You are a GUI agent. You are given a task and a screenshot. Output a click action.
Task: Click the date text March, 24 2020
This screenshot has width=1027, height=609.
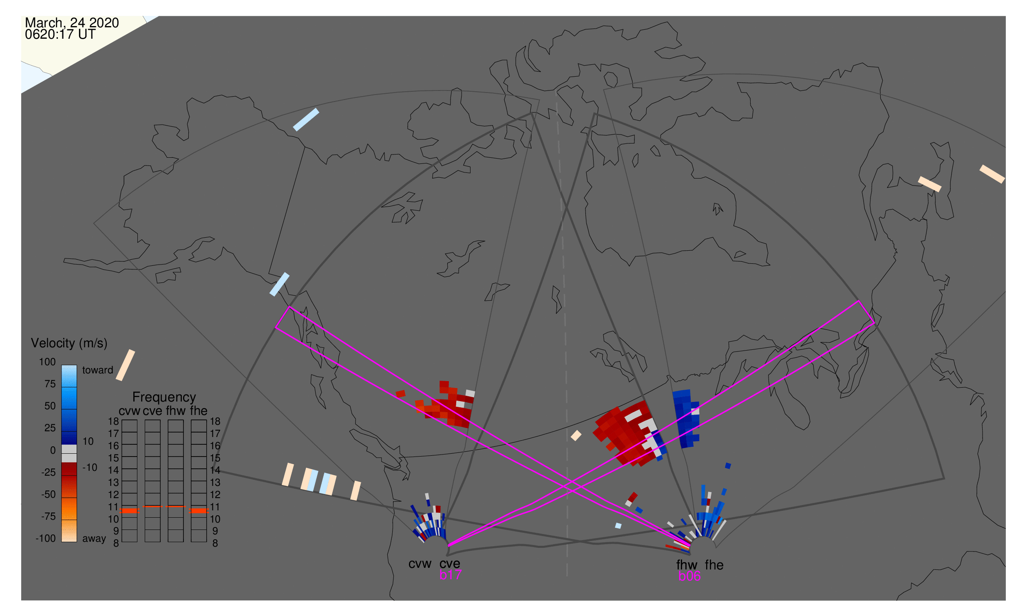click(72, 23)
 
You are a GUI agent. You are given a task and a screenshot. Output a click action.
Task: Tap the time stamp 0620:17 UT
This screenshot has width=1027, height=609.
click(60, 35)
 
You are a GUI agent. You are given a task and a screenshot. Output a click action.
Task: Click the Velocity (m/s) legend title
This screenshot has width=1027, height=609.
click(69, 344)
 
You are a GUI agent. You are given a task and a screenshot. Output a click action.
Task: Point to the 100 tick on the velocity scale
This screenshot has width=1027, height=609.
click(47, 362)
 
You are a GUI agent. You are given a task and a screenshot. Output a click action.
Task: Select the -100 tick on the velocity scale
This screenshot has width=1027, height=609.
click(46, 538)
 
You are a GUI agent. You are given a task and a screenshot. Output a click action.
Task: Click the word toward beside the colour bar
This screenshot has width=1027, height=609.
click(98, 371)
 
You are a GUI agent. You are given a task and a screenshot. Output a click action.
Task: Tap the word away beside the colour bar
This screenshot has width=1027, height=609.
click(94, 539)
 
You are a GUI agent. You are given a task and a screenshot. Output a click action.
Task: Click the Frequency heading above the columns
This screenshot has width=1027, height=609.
click(164, 397)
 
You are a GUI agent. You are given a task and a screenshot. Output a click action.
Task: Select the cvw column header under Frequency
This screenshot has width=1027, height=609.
click(129, 411)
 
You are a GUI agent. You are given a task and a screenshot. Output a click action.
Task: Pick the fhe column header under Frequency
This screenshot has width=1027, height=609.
click(199, 411)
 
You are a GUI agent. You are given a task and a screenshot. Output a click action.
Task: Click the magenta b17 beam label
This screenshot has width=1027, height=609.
click(450, 575)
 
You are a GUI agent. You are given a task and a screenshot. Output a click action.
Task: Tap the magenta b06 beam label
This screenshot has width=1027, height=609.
click(689, 576)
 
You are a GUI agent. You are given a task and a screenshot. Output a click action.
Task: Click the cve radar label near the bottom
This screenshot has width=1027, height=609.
click(450, 564)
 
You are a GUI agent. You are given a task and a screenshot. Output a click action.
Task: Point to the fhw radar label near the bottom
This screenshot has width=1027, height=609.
click(687, 565)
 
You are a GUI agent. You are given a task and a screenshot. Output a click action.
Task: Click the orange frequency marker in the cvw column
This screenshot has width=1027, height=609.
click(129, 511)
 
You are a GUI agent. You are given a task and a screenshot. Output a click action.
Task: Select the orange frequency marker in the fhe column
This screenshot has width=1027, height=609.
click(199, 511)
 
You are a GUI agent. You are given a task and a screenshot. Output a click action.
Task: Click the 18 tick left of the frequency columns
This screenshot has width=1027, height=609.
click(114, 421)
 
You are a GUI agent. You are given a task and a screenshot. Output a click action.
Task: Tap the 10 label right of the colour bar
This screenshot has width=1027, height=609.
click(88, 441)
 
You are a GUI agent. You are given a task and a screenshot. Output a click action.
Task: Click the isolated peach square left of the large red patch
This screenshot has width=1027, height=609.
click(576, 435)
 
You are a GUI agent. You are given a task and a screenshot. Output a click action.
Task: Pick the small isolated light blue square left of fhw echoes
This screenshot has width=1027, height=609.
click(618, 526)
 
